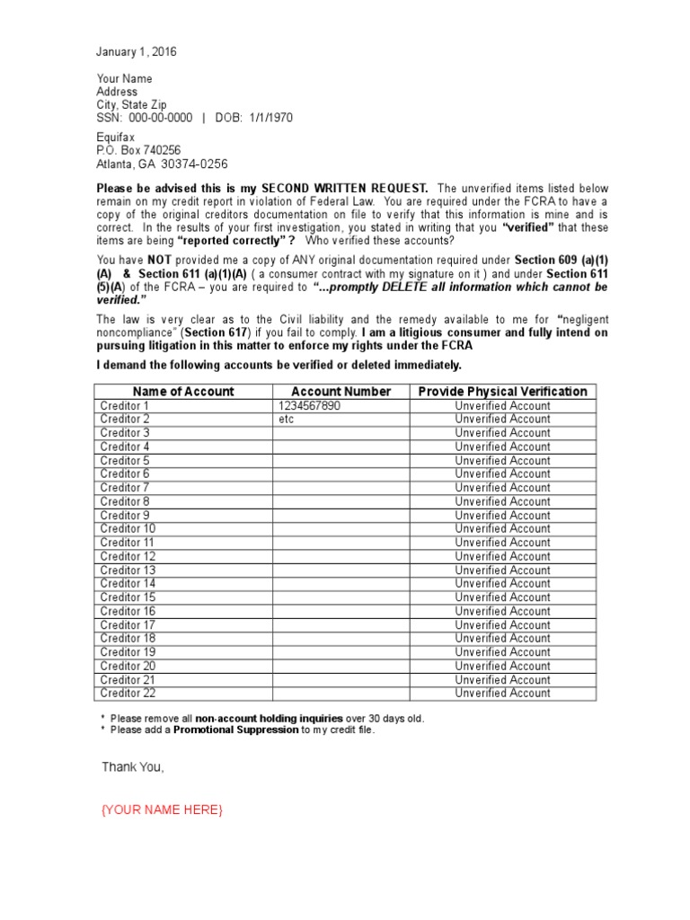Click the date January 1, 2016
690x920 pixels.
tap(137, 52)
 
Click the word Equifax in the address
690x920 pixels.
tap(116, 137)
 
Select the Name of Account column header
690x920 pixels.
tap(183, 392)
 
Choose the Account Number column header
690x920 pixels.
tap(341, 392)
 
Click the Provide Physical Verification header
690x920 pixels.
tap(503, 392)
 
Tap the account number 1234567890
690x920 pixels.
tap(310, 406)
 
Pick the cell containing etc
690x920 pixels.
tap(287, 420)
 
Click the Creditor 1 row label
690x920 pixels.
tap(126, 406)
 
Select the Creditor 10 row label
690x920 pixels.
tap(128, 529)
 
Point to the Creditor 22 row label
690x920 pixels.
tap(128, 694)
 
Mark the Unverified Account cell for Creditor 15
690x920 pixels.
tap(503, 597)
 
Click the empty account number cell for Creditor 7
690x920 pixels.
tap(341, 488)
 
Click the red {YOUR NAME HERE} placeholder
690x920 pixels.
tap(162, 810)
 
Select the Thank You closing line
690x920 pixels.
tap(133, 767)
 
